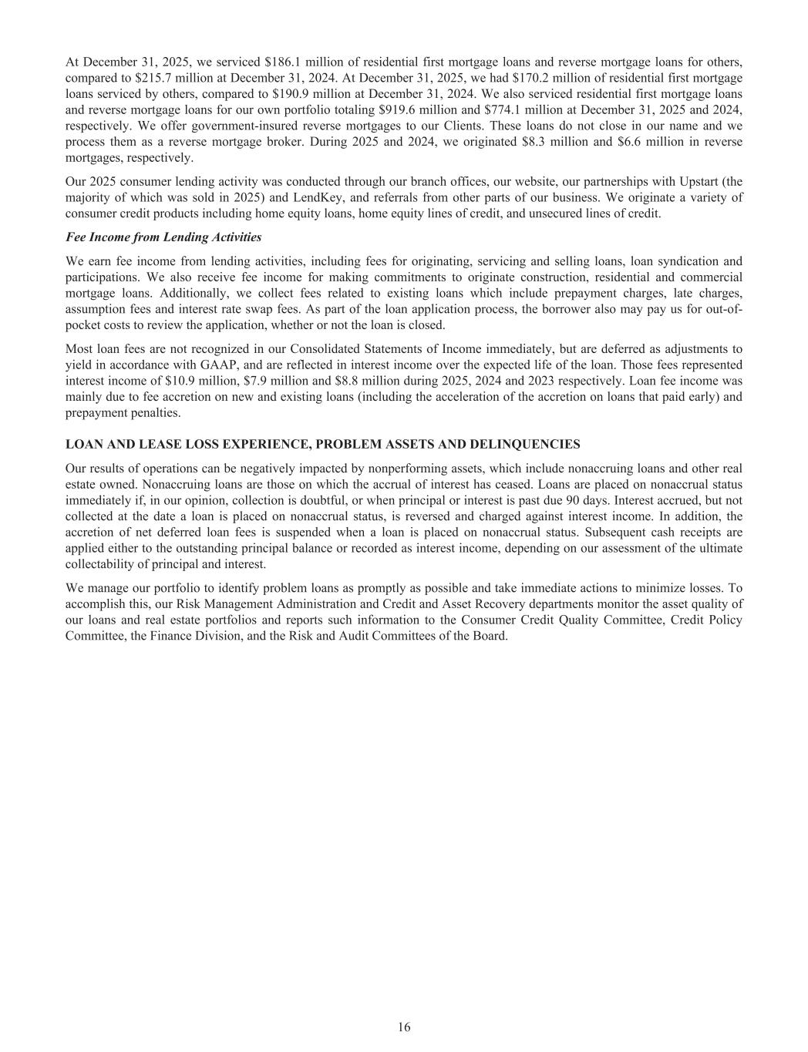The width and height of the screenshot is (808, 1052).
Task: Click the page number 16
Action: (404, 1027)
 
